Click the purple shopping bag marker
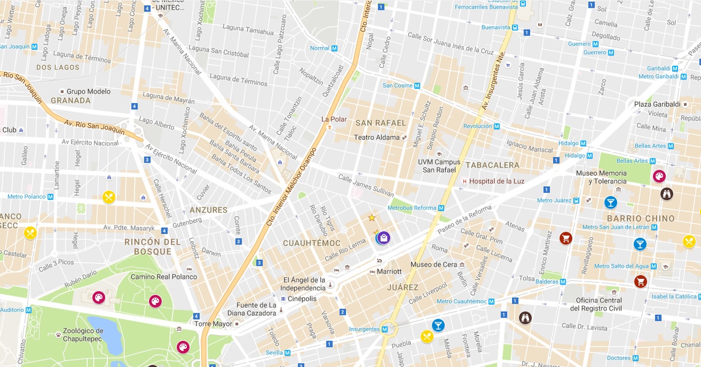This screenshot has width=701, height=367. click(x=384, y=237)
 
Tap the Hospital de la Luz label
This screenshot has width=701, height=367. click(x=497, y=181)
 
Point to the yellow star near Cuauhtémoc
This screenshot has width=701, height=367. click(x=372, y=218)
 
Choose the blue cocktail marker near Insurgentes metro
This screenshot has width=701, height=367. click(x=438, y=325)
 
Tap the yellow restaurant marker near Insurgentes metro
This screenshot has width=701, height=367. click(x=427, y=336)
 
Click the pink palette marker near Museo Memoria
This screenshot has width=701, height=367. click(x=659, y=176)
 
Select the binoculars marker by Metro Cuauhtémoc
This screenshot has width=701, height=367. click(x=525, y=318)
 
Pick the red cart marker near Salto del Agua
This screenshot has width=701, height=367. click(x=640, y=282)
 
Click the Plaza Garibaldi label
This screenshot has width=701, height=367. click(x=657, y=104)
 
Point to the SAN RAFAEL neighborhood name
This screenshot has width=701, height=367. click(x=381, y=123)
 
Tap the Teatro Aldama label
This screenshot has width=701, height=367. click(x=377, y=137)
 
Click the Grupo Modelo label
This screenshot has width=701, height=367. click(x=89, y=91)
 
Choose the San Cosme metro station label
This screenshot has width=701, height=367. click(x=398, y=85)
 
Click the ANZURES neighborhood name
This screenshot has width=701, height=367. click(x=208, y=210)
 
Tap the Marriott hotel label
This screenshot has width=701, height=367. click(x=389, y=272)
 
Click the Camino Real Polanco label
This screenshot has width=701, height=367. click(x=163, y=277)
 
